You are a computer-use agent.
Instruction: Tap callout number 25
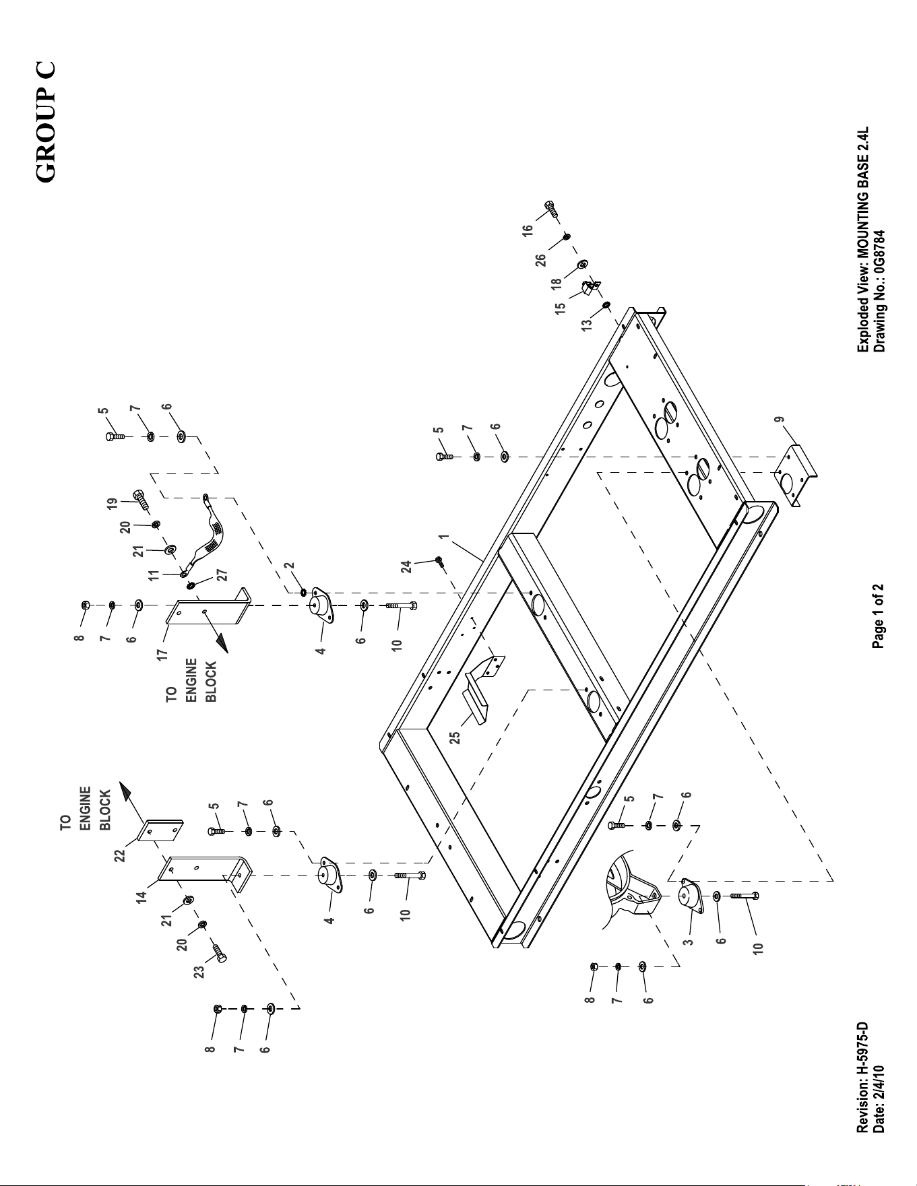pos(455,738)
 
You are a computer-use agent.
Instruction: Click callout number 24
pos(406,567)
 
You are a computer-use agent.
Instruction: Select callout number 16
pos(528,229)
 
